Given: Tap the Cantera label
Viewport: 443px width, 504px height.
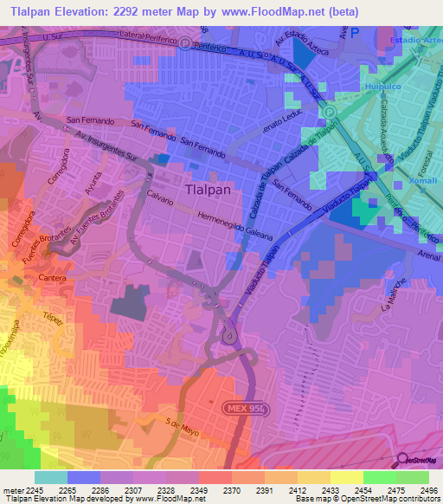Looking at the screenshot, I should tap(51, 278).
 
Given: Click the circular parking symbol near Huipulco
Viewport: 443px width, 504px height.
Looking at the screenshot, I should tap(328, 112).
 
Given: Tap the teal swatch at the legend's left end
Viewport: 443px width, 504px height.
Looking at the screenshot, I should tap(50, 477).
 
